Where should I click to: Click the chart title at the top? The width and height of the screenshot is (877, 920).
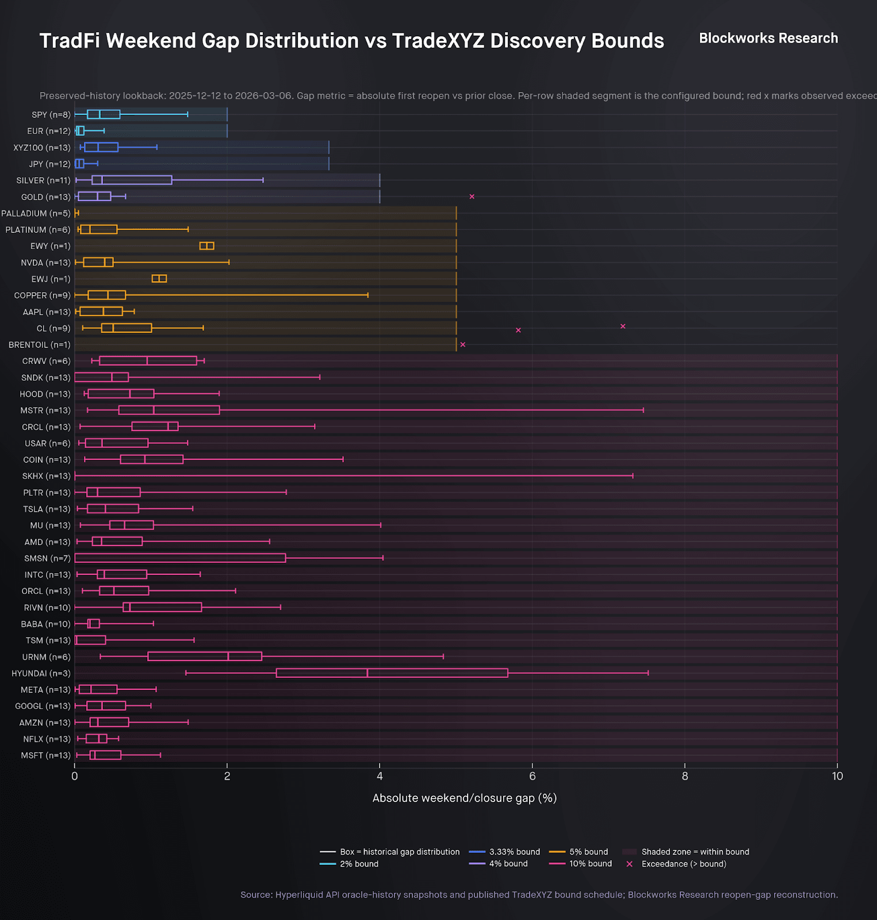351,41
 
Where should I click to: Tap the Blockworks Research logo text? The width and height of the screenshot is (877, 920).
768,39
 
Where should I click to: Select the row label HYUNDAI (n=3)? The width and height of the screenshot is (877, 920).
41,673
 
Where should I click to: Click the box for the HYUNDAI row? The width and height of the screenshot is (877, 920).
392,673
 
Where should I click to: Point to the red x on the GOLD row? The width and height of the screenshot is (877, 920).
472,197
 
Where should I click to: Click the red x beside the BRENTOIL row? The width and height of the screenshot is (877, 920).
463,344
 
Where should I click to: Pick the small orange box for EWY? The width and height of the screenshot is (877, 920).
207,246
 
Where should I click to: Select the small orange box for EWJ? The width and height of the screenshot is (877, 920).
159,279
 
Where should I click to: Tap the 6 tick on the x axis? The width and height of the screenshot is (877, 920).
533,776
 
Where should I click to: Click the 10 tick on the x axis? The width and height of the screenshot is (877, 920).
837,776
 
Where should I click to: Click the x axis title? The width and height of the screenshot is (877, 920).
465,798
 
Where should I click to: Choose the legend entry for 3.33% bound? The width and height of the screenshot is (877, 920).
514,852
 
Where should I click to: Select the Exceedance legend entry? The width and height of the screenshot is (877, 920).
683,864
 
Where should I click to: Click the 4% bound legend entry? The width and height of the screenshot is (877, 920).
508,864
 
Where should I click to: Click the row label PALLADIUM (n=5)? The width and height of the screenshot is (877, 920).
36,213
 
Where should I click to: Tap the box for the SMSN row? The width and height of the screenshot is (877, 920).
180,558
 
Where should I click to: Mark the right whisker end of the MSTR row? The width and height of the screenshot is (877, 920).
643,410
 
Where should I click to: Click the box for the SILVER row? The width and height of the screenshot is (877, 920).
132,180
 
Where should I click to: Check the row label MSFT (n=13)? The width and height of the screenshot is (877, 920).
45,756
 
